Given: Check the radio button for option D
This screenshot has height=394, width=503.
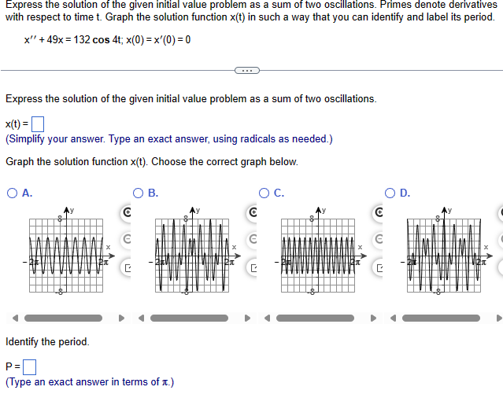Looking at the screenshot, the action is [390, 191].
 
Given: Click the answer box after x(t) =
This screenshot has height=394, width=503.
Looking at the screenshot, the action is [36, 124].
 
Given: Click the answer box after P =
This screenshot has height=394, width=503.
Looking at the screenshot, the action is [31, 366].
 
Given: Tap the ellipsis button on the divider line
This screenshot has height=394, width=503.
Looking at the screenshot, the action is [246, 71].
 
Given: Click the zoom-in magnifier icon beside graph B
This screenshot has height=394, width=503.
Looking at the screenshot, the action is [252, 212].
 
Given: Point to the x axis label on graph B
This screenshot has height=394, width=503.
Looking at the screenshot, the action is [233, 249].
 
